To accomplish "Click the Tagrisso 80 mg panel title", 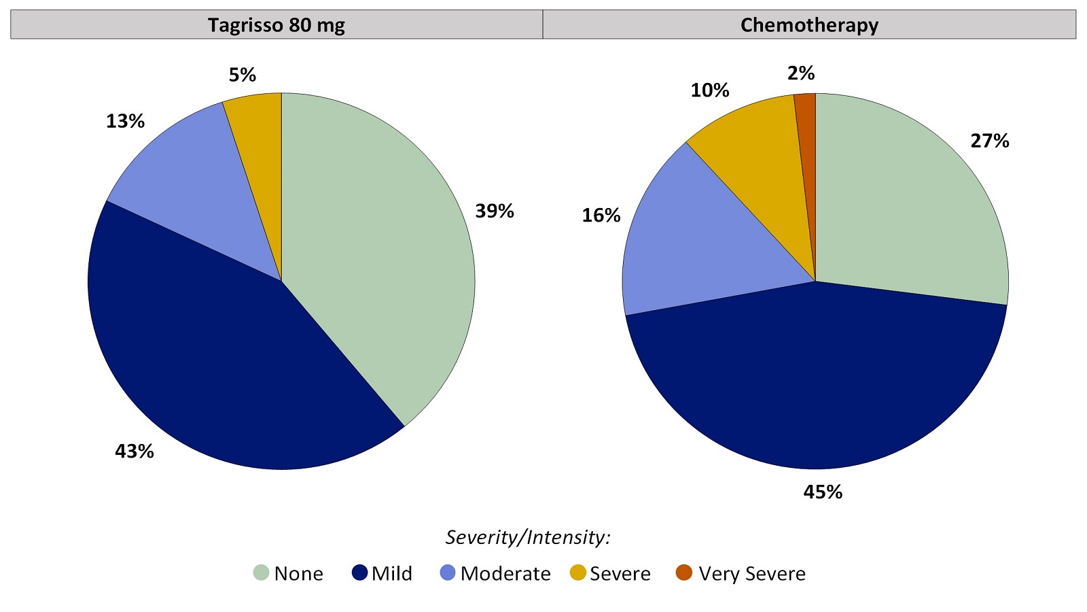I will click(277, 25).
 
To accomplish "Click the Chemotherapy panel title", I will click(809, 25).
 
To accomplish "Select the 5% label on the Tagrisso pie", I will click(243, 75).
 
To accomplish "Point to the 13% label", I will click(125, 121).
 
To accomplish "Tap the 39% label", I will click(495, 211).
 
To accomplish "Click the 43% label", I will click(135, 451).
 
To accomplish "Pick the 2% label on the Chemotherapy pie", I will click(801, 73).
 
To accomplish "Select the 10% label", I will click(710, 90).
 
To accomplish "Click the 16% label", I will click(601, 216).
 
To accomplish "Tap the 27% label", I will click(990, 141).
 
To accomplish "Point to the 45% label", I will click(823, 492).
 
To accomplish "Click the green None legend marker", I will click(262, 573).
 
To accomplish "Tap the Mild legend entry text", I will click(392, 574).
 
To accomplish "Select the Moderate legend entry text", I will click(505, 574).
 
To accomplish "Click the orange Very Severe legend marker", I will click(683, 573).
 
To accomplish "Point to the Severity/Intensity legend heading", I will click(528, 537).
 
